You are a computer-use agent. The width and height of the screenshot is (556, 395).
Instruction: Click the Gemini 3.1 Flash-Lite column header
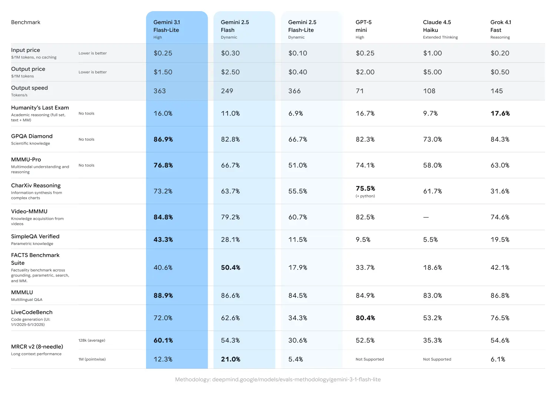coord(166,26)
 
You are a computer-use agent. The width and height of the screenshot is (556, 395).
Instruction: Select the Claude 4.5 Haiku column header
coord(437,26)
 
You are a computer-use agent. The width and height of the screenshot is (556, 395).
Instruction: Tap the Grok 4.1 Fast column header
coord(500,26)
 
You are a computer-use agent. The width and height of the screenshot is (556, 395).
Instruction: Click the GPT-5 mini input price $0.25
coord(365,53)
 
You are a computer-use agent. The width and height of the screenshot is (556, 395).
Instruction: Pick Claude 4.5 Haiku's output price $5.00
coord(433,72)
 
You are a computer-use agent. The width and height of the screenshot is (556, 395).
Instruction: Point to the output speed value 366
coord(295,91)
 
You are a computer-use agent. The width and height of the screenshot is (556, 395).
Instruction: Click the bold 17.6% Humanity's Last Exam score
coord(500,113)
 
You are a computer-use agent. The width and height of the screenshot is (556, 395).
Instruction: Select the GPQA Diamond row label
coord(32,136)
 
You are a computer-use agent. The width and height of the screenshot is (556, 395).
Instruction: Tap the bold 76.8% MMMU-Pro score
coord(163,165)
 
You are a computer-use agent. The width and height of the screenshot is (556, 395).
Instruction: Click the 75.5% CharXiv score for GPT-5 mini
coord(365,189)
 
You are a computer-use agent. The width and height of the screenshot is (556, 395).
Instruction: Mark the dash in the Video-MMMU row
coord(426,217)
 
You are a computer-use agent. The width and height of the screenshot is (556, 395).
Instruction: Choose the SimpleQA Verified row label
coord(35,236)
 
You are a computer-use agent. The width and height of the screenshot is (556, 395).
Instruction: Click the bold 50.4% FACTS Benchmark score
coord(231,268)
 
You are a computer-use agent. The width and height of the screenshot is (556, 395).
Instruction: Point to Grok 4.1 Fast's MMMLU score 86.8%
coord(500,296)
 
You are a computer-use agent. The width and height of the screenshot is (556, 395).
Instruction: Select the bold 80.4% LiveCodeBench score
coord(365,318)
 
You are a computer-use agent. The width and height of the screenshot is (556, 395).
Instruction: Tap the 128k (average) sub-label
coord(92,341)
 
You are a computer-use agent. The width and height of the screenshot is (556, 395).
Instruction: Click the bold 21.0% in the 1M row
coord(231,359)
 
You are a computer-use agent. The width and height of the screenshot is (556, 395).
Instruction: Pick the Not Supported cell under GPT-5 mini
coord(370,359)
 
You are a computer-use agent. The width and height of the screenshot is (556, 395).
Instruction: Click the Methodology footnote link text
coord(278,379)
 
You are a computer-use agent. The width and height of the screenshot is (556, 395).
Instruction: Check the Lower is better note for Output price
coord(93,72)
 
